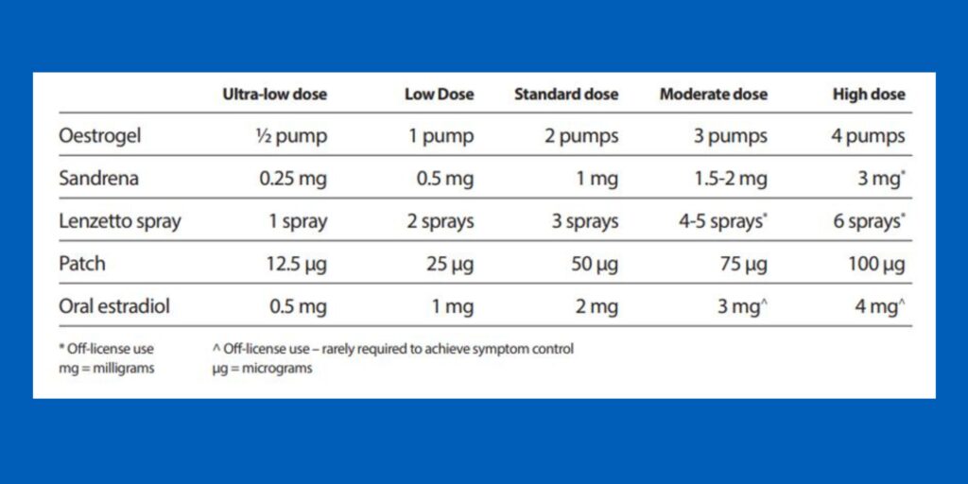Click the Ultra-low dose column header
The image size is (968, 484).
[274, 95]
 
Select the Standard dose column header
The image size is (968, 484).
[566, 95]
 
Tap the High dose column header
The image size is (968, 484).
[868, 95]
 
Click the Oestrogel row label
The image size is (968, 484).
[99, 135]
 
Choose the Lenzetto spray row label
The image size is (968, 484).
[119, 222]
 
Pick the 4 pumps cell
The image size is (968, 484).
[868, 135]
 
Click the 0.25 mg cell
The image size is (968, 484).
[293, 179]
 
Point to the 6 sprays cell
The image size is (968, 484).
[867, 222]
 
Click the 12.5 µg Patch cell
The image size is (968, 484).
[296, 264]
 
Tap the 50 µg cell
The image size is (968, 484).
[593, 264]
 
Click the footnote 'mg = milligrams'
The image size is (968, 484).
[106, 368]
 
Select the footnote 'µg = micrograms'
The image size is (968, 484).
[262, 368]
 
